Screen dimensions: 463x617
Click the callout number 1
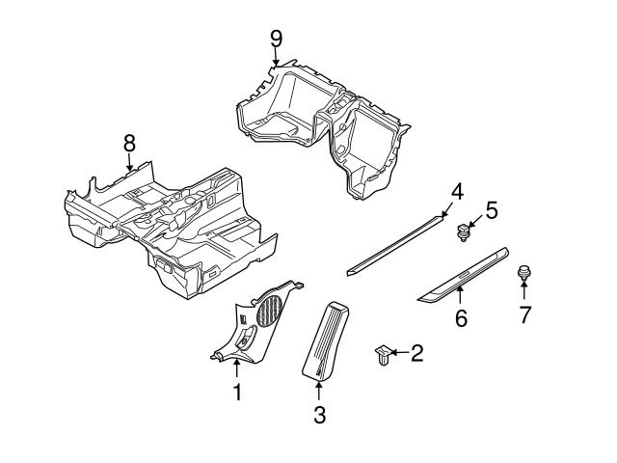(236, 392)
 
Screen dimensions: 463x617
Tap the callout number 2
(416, 354)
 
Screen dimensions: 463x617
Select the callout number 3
(320, 415)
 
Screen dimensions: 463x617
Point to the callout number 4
(458, 192)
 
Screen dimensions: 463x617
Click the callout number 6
(461, 317)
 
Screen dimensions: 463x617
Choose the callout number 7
(525, 314)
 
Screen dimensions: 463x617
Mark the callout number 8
(129, 143)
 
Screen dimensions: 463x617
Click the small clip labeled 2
(382, 356)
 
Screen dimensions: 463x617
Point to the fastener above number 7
(525, 274)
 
